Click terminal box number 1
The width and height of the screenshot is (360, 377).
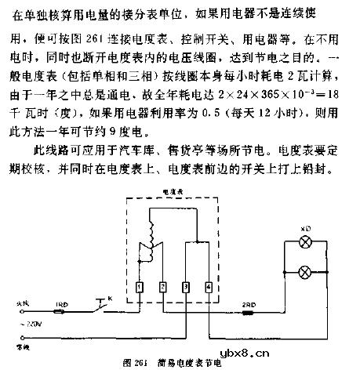pyautogui.click(x=138, y=288)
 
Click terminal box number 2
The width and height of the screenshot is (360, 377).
pyautogui.click(x=161, y=288)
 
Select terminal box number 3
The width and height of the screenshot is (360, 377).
pyautogui.click(x=184, y=288)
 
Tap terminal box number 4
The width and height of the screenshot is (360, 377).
pyautogui.click(x=208, y=288)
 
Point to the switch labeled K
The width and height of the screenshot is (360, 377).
pyautogui.click(x=100, y=307)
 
